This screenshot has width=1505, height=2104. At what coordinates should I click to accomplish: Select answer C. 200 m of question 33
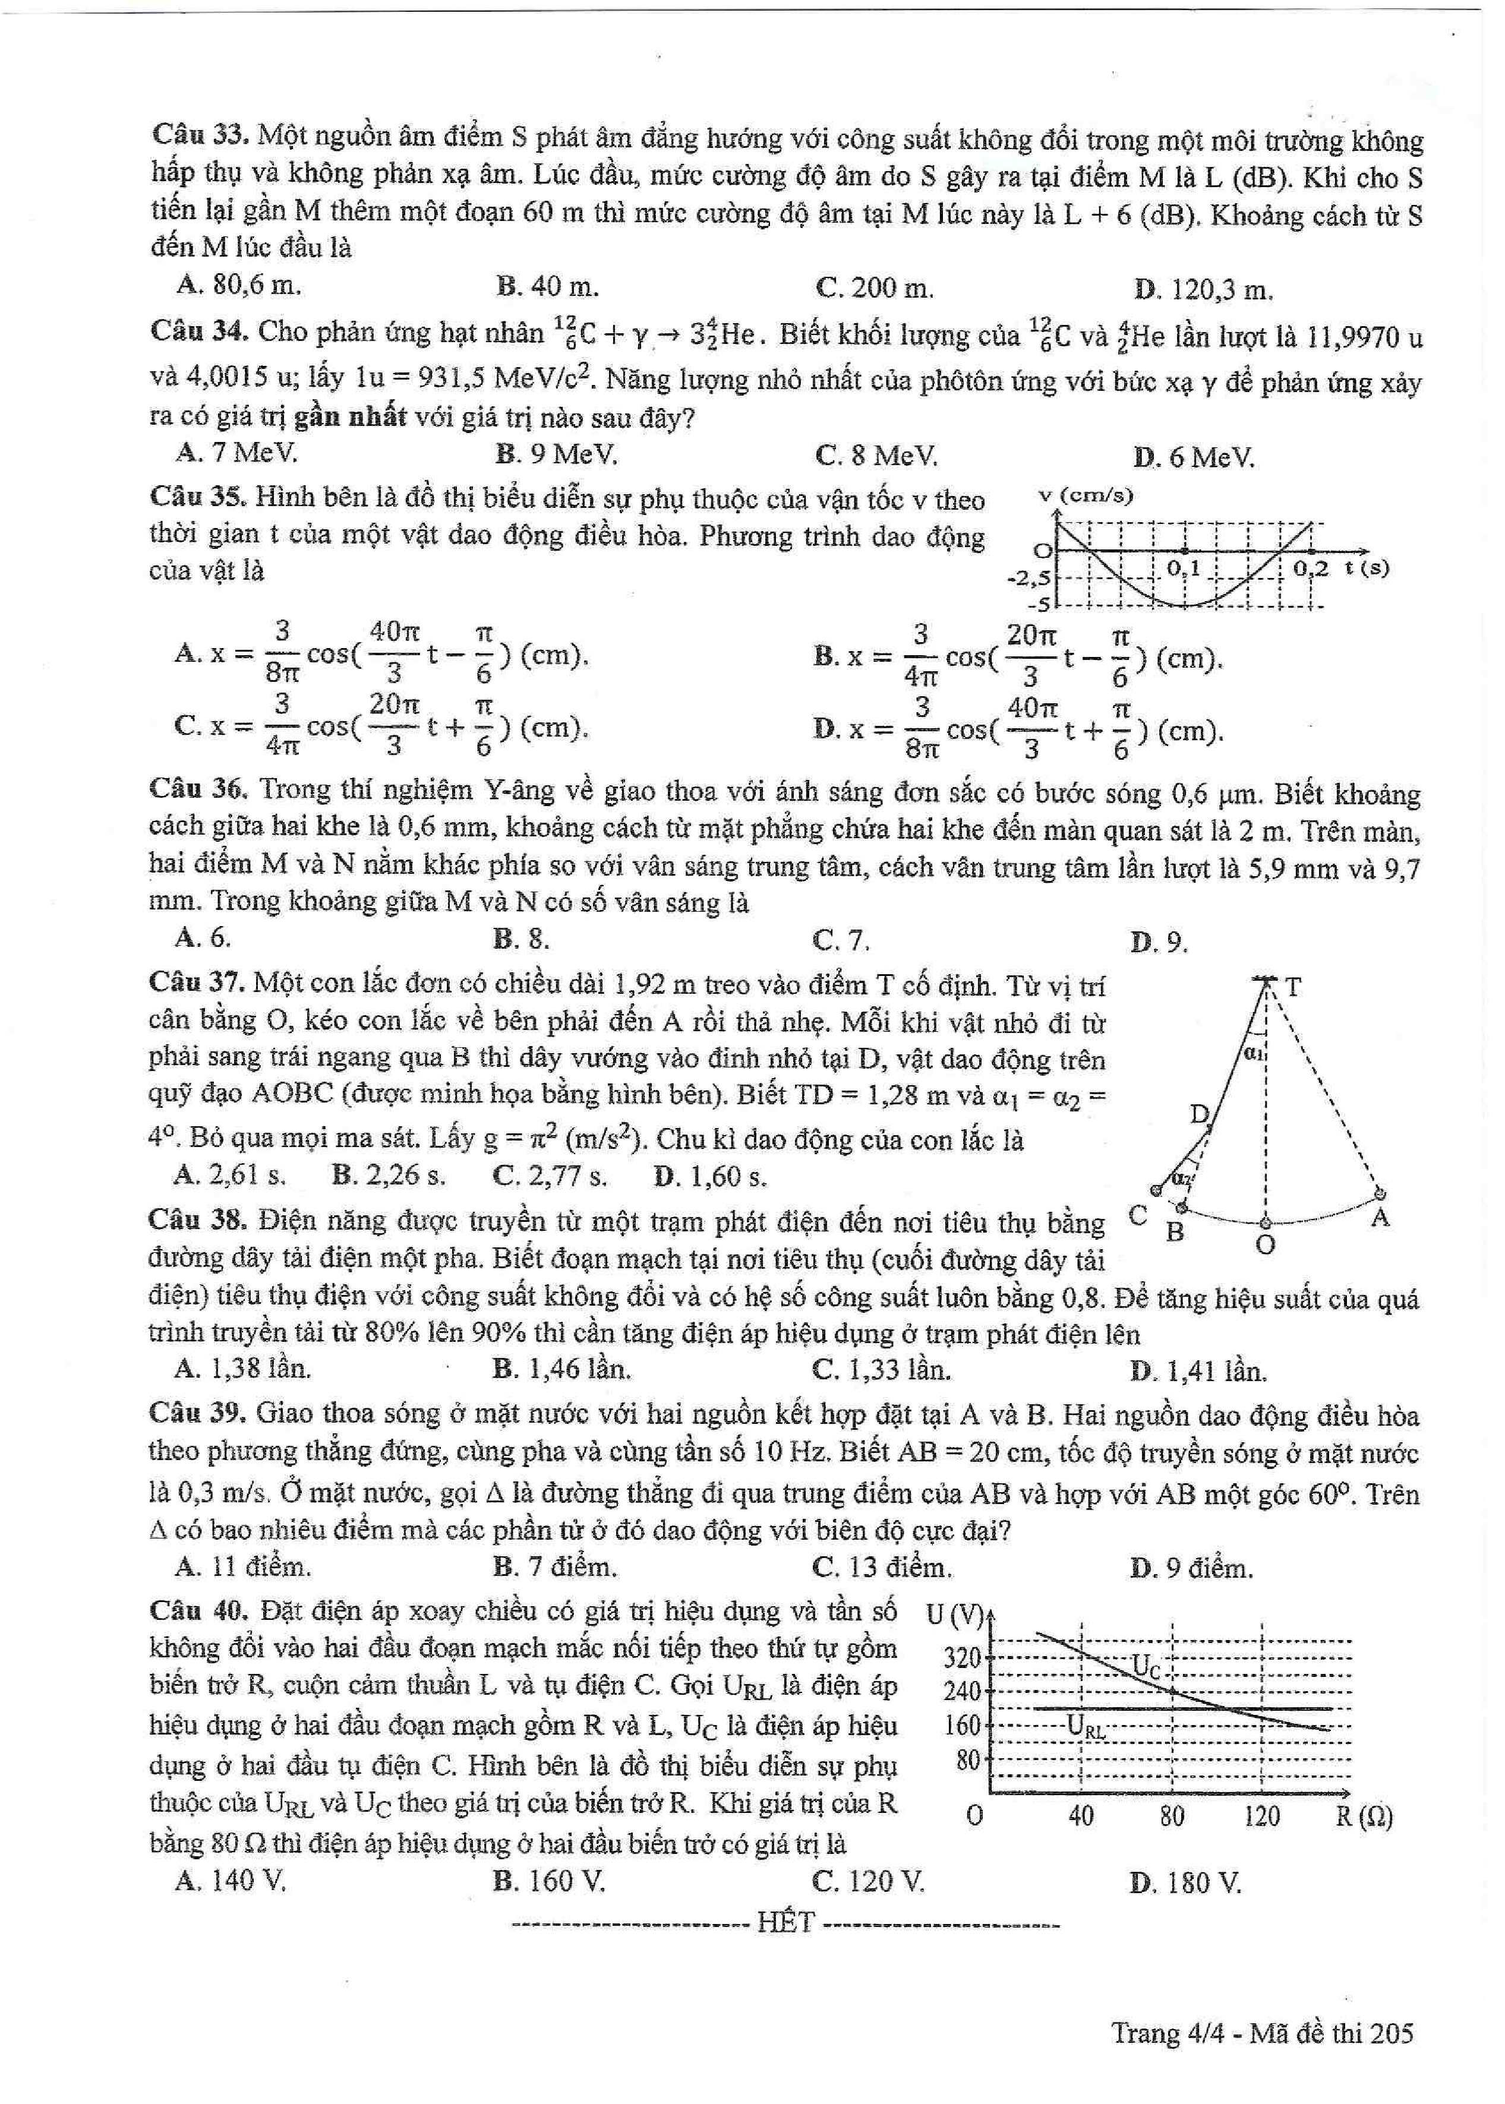click(874, 288)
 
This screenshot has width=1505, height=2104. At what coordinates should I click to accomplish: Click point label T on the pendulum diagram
click(1293, 988)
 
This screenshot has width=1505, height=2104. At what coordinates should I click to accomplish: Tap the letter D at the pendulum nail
click(1200, 1114)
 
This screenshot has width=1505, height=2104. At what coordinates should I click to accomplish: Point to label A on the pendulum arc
click(1380, 1217)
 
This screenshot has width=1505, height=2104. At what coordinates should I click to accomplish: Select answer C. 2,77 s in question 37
click(550, 1177)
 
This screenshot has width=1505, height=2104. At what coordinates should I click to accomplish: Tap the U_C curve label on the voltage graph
click(1146, 1667)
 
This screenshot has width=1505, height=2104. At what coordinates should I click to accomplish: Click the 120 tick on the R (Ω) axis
click(1261, 1816)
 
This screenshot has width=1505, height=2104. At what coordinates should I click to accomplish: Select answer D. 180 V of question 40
click(1185, 1882)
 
